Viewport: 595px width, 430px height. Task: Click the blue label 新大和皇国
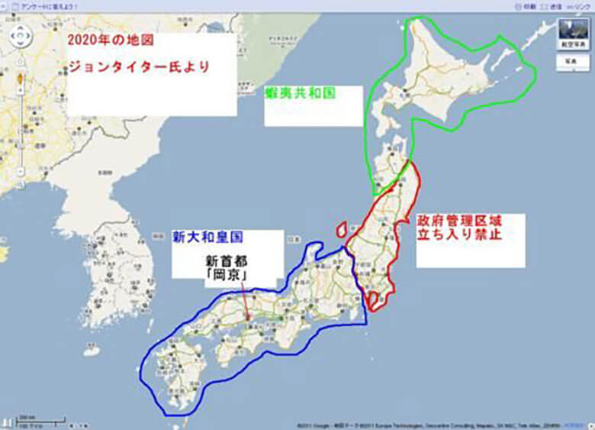(x=207, y=238)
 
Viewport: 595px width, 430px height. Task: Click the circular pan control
(x=20, y=35)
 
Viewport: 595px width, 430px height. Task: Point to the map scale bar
(x=42, y=420)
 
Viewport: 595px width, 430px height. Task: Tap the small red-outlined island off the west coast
(x=341, y=228)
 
